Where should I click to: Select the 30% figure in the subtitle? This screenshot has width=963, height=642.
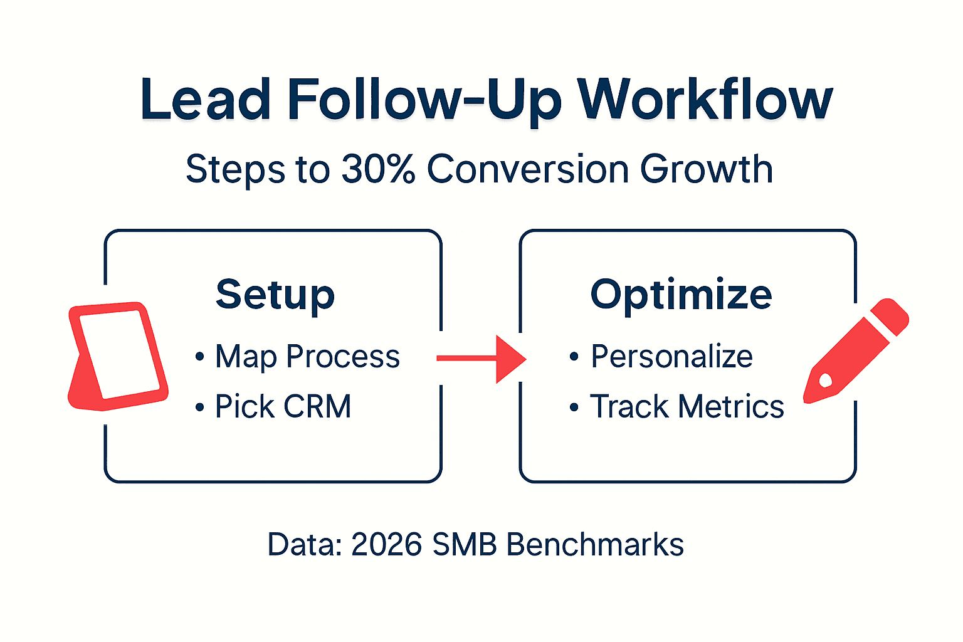click(x=378, y=169)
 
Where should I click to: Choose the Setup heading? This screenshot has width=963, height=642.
click(x=275, y=295)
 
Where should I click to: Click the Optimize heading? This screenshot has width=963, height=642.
click(x=681, y=295)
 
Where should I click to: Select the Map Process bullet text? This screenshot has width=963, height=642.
click(x=307, y=357)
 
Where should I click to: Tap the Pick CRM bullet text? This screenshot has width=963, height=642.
click(x=283, y=406)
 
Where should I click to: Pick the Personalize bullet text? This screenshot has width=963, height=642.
click(x=671, y=357)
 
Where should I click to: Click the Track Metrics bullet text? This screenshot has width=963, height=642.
click(x=687, y=406)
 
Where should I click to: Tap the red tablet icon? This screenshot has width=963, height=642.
click(x=118, y=355)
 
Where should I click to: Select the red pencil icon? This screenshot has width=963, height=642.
click(x=856, y=351)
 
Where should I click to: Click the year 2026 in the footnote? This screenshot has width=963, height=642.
click(x=386, y=544)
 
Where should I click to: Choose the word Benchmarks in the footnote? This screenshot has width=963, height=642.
click(x=595, y=544)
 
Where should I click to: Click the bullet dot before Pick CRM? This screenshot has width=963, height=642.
click(x=199, y=408)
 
